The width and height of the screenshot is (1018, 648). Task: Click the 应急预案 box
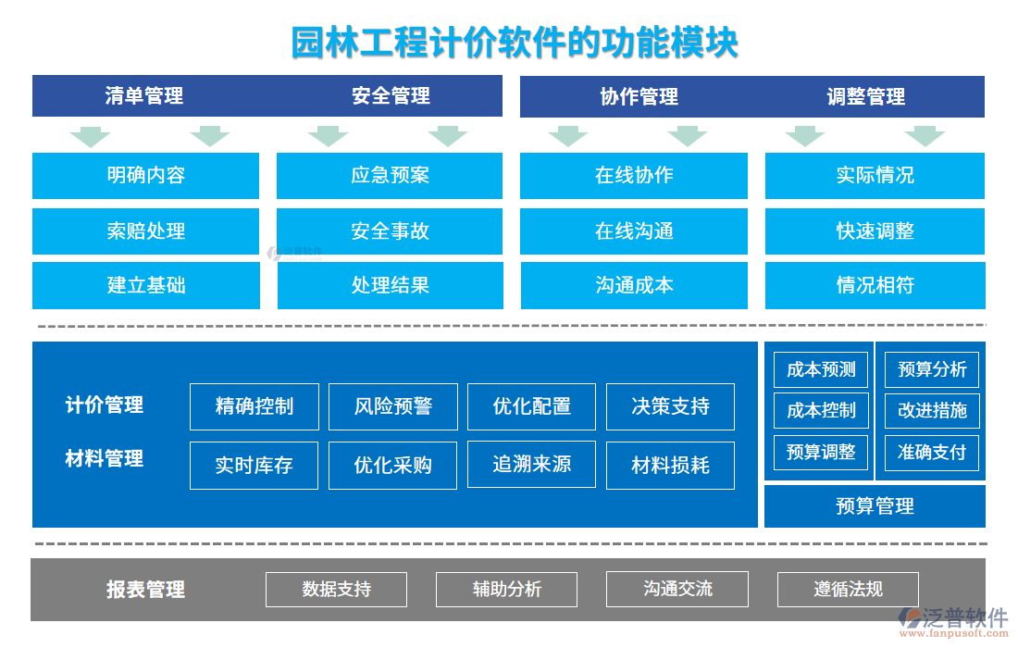pos(390,175)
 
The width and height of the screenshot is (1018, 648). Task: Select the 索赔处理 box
pos(145,231)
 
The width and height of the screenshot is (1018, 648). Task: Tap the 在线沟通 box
pos(634,231)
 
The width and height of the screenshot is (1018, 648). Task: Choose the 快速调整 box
pos(875,231)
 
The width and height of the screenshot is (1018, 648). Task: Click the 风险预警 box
pos(393,406)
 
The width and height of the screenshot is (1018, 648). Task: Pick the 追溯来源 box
pos(531,464)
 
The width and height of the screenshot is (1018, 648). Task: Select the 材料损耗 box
pos(670,465)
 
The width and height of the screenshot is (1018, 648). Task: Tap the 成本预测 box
pos(821,370)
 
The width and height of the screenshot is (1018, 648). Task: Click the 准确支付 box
pos(931,452)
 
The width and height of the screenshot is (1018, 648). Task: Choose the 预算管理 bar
pos(875,505)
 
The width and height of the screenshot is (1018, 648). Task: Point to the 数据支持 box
pos(336,589)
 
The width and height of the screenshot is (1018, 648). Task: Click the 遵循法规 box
pos(848,589)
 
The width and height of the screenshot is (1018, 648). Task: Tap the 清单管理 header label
pos(144,96)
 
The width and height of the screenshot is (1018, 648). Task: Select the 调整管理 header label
pos(865,96)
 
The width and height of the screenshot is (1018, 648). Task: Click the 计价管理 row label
pos(105,405)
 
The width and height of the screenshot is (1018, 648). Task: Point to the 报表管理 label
pos(145,590)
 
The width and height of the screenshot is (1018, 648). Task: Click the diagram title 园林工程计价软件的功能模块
pos(515,43)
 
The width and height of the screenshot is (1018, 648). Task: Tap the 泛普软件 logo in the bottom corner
pos(952,619)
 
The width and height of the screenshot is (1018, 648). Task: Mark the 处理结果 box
pos(390,285)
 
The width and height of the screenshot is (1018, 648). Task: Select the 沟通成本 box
pos(634,285)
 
